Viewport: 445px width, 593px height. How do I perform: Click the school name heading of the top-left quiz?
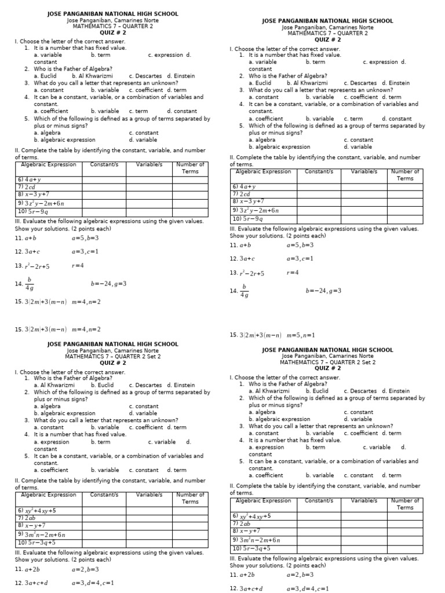[112, 14]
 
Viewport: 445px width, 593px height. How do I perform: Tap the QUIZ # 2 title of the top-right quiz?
[327, 40]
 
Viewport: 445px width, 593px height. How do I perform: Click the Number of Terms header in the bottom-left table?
[190, 498]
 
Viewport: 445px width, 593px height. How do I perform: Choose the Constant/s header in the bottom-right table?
[319, 500]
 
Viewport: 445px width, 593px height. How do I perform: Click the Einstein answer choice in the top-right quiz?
[396, 83]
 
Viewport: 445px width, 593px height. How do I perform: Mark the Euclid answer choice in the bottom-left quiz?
[101, 385]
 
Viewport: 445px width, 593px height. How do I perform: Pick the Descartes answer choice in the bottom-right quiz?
[357, 391]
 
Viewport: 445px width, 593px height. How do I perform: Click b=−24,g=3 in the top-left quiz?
[108, 284]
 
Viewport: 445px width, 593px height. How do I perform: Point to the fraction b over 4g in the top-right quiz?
[243, 291]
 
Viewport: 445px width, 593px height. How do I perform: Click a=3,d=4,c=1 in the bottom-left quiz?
[93, 583]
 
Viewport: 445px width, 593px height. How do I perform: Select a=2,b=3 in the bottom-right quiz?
[300, 574]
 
